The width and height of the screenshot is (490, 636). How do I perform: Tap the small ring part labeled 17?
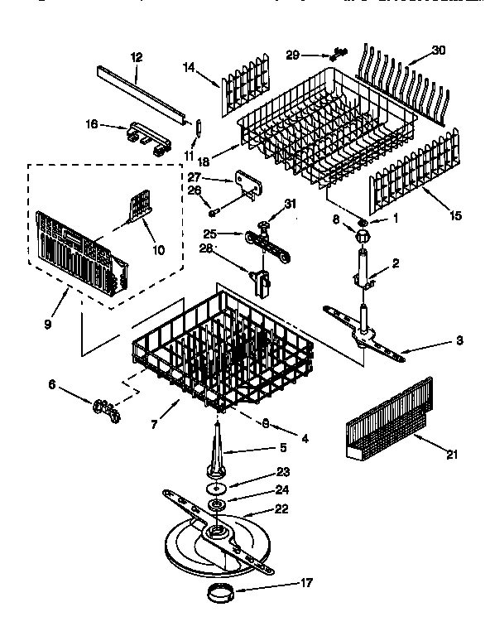tap(219, 593)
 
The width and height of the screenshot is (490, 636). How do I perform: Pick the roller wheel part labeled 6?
tap(106, 406)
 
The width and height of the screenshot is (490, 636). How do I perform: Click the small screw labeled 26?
tap(214, 214)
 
